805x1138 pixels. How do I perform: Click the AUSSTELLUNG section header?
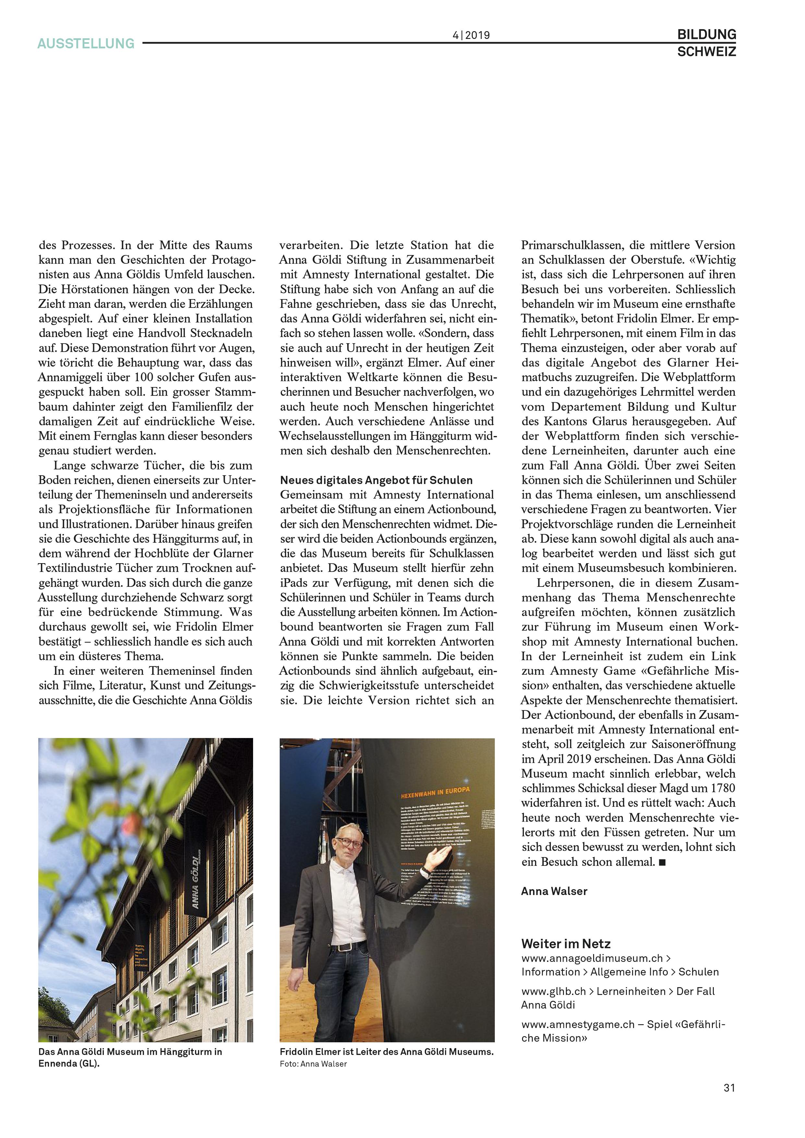coord(86,43)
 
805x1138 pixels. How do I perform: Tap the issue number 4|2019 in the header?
coord(471,35)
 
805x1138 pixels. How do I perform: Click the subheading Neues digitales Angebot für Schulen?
coord(376,480)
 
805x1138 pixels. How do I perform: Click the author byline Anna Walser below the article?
coord(554,891)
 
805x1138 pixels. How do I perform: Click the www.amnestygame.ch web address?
coord(578,1024)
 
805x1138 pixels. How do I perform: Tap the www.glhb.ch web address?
coord(554,991)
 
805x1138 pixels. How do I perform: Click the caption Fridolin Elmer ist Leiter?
coord(387,1052)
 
